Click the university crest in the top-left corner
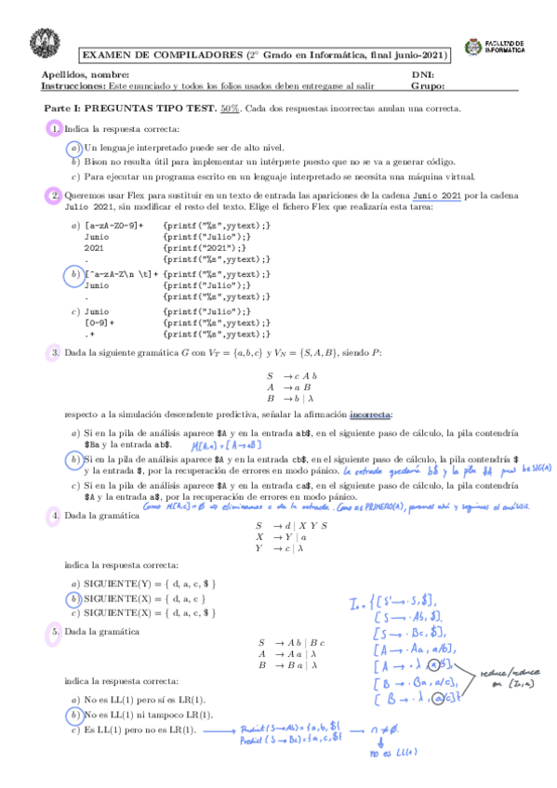(40, 42)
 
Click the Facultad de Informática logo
(500, 49)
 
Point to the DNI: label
(421, 74)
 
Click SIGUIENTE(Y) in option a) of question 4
(115, 584)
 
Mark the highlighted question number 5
(55, 632)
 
